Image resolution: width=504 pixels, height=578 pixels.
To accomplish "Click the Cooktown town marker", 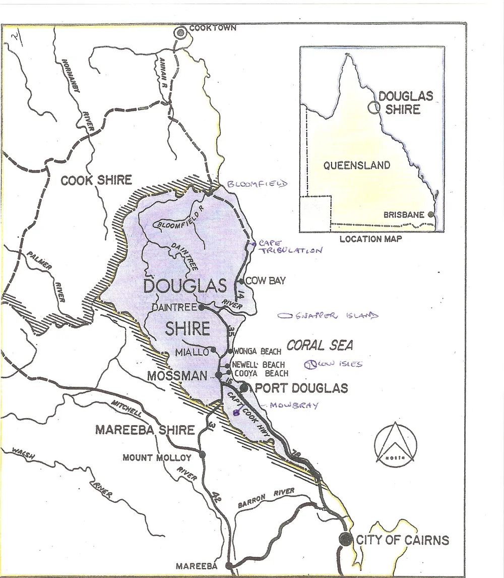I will (180, 33).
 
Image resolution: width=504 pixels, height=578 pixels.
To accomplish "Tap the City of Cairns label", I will (402, 540).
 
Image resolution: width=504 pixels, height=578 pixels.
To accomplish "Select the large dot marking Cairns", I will (345, 538).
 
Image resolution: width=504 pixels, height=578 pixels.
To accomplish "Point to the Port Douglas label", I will (301, 388).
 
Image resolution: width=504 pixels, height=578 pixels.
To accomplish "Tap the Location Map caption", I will (370, 239).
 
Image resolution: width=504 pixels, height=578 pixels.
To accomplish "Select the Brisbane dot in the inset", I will (430, 214).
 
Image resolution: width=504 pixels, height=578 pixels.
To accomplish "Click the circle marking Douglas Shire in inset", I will (373, 107).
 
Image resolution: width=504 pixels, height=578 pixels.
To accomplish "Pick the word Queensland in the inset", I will (356, 165).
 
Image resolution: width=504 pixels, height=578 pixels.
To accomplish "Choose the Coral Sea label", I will (320, 345).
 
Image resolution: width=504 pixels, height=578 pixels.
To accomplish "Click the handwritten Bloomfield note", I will (257, 184).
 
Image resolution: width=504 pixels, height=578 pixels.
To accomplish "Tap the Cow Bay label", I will (265, 281).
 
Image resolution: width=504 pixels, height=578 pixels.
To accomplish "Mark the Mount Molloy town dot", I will (203, 454).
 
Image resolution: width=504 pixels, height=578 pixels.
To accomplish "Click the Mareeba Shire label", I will (145, 430).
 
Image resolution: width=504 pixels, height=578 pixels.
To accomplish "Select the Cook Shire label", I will (96, 180).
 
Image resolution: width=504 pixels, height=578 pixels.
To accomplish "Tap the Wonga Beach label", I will (257, 351).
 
